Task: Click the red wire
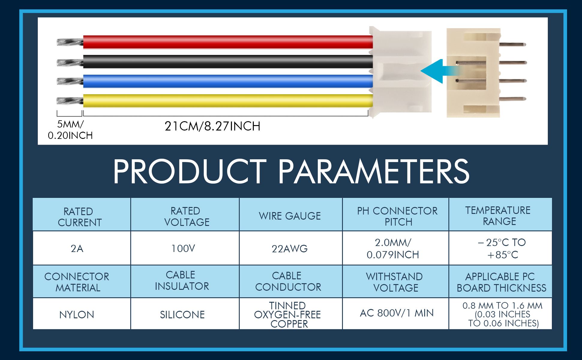[x=228, y=42]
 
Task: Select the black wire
[x=228, y=61]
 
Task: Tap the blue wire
[x=228, y=81]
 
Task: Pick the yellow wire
[x=228, y=100]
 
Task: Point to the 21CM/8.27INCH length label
[x=212, y=126]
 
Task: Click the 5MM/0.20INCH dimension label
[x=70, y=130]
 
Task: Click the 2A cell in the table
[x=77, y=249]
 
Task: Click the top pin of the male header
[x=513, y=45]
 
